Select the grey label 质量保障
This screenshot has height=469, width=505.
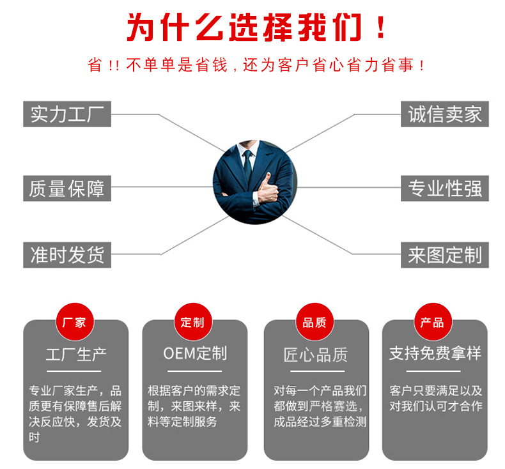[x=67, y=188]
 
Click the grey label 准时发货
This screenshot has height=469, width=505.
[x=67, y=254]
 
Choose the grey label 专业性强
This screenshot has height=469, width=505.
[x=444, y=188]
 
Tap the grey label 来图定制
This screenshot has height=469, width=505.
[x=444, y=254]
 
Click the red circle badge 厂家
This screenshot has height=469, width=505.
[x=75, y=322]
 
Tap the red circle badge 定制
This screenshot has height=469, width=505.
[x=192, y=322]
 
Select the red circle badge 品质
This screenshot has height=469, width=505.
[x=315, y=322]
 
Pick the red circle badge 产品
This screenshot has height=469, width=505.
[x=432, y=322]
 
